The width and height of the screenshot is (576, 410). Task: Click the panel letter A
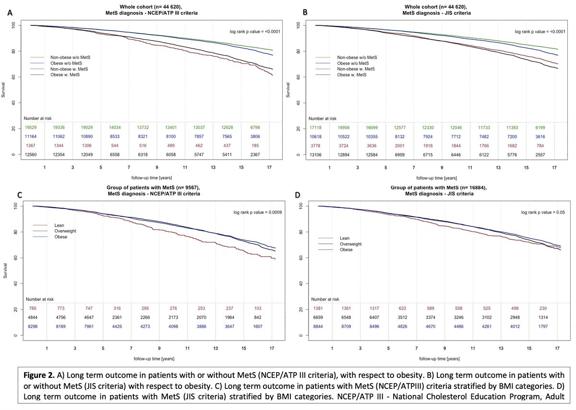coord(9,13)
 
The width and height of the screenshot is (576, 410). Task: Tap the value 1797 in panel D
coord(546,326)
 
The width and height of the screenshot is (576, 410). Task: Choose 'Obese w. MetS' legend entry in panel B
coord(353,75)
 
